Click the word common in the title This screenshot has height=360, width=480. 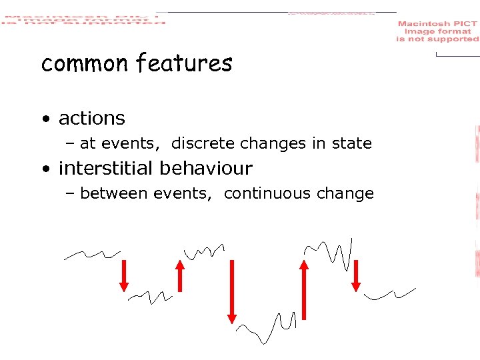pyautogui.click(x=85, y=64)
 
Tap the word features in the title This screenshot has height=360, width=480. pyautogui.click(x=184, y=63)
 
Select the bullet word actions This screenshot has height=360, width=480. pyautogui.click(x=92, y=119)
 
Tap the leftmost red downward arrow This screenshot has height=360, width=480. pyautogui.click(x=124, y=275)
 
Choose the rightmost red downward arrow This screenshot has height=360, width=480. pyautogui.click(x=356, y=275)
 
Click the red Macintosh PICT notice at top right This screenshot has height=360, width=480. pyautogui.click(x=437, y=31)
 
